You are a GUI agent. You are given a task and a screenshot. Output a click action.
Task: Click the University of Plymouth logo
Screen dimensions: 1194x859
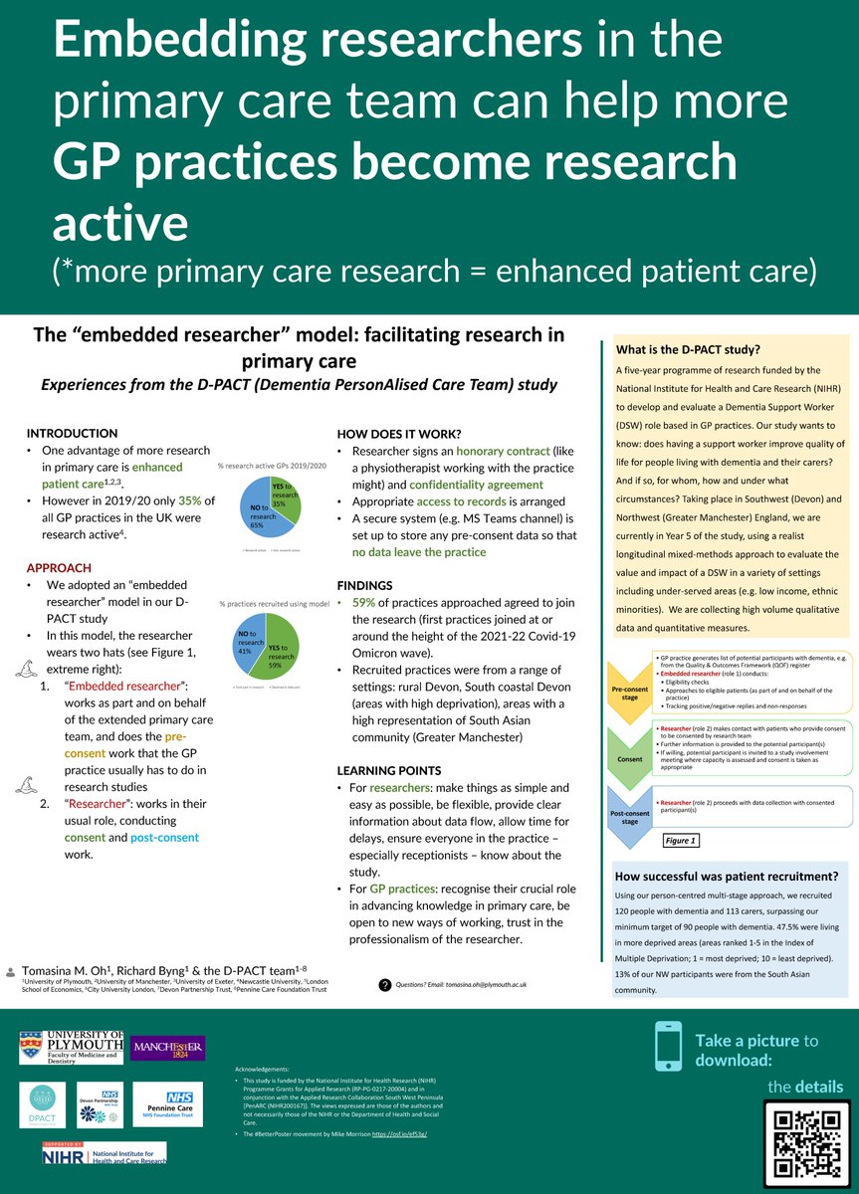[x=72, y=1048]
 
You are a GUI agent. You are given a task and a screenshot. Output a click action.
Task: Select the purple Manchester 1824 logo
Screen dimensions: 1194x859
[x=167, y=1048]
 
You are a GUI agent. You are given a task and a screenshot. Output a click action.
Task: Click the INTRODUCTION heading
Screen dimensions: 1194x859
[x=72, y=434]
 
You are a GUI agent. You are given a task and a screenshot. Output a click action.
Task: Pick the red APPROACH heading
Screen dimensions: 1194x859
[x=59, y=568]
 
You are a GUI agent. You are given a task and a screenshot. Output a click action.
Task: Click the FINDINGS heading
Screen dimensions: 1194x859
[x=365, y=586]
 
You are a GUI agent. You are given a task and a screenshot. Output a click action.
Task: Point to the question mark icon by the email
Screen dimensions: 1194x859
[x=384, y=984]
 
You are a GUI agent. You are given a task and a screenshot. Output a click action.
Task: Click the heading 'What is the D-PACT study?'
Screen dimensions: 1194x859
[x=689, y=349]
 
